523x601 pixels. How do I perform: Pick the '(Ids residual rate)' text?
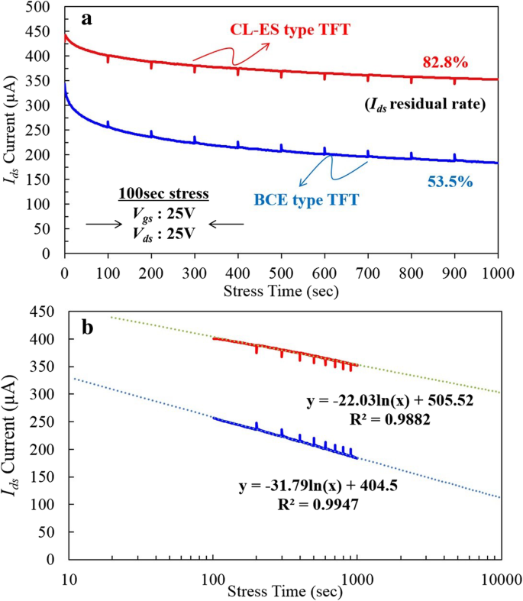click(432, 105)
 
